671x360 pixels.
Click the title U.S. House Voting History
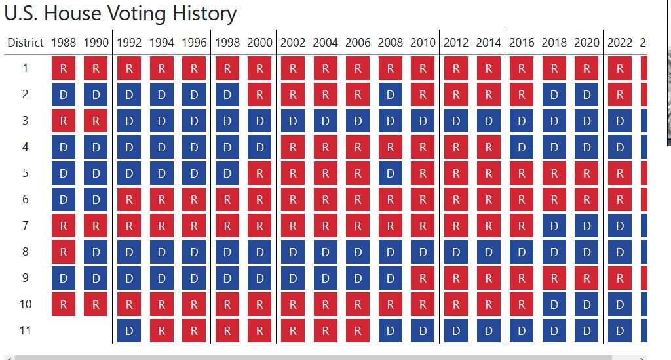(120, 14)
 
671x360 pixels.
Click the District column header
(26, 43)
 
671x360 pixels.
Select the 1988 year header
(64, 43)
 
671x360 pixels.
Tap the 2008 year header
(391, 43)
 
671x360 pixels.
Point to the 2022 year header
(620, 43)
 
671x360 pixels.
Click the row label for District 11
(26, 330)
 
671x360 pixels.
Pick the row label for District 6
(26, 199)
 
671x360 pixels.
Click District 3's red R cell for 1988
(64, 121)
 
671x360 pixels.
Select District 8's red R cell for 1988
(64, 252)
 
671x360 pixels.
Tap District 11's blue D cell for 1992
(129, 330)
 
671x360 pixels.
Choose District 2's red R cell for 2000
(259, 94)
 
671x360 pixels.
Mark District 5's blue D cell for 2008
(391, 173)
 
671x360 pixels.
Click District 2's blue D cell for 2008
(391, 94)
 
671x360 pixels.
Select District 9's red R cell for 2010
(423, 278)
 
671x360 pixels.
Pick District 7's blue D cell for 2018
(554, 226)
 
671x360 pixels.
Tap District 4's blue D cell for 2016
(522, 147)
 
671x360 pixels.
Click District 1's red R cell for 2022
(620, 68)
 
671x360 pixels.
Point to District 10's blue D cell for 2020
(587, 304)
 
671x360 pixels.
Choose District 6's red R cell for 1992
(129, 199)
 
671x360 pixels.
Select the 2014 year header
(489, 43)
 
